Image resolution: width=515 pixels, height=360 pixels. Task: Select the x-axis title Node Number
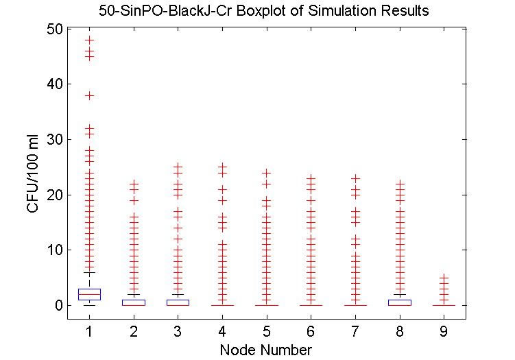(265, 350)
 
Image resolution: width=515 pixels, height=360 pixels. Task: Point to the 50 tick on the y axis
(55, 29)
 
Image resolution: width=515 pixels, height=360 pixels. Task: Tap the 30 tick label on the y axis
(55, 139)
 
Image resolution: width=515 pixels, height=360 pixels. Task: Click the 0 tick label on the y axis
(59, 305)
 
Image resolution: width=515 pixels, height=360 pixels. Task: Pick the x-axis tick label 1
(89, 331)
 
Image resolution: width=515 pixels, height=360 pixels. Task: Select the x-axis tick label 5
(266, 331)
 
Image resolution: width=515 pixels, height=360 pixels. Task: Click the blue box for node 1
(89, 294)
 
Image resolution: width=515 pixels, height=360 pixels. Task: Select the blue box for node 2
(134, 302)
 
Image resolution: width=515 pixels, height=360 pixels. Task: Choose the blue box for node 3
(178, 302)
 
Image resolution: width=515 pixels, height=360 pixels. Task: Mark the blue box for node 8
(399, 302)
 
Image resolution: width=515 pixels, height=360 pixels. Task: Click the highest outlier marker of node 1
(89, 40)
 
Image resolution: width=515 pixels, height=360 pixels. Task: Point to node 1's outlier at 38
(89, 95)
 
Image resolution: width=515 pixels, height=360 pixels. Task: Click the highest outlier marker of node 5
(266, 173)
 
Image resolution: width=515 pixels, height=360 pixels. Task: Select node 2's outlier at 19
(134, 200)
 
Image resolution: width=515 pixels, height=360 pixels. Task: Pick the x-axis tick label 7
(355, 331)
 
